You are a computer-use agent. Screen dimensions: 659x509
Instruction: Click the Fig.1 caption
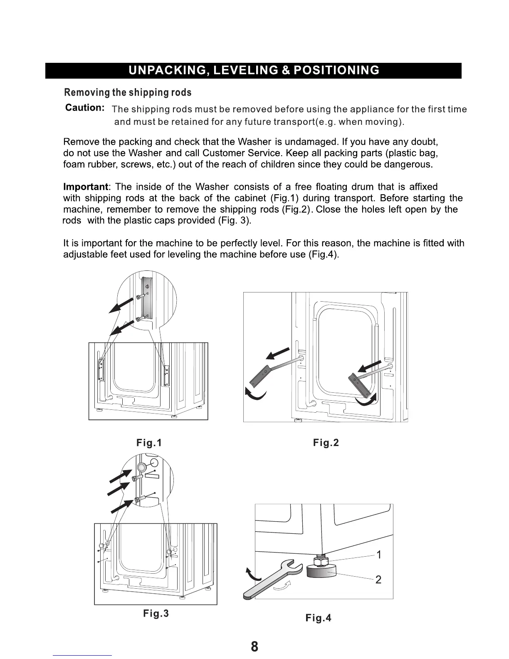149,443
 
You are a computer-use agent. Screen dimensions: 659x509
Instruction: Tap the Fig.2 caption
326,443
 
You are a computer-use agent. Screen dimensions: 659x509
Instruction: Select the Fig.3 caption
156,613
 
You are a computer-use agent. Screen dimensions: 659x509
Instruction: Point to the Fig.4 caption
318,618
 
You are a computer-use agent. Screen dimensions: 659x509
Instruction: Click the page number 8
254,647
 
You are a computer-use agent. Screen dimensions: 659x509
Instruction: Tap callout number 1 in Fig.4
379,555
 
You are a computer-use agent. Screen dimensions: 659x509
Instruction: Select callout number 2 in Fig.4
378,580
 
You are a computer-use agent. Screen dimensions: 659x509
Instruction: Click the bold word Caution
85,108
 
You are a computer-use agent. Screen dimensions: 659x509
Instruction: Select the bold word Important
86,186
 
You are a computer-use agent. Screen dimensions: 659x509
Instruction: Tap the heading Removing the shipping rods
128,92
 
